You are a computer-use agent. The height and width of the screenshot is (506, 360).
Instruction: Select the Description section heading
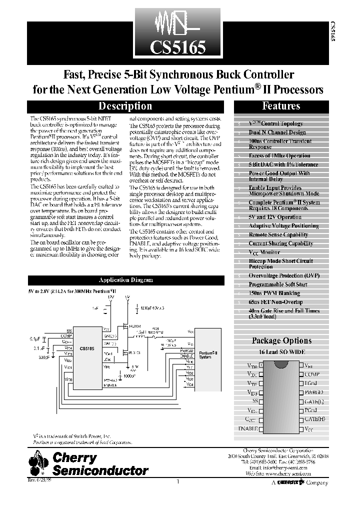point(125,106)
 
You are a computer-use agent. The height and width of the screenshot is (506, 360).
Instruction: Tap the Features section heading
point(281,106)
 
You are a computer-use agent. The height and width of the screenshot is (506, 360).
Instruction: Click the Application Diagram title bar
point(126,280)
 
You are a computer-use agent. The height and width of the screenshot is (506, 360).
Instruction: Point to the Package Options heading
point(281,340)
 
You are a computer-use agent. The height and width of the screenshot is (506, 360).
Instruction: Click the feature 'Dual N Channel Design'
point(277,132)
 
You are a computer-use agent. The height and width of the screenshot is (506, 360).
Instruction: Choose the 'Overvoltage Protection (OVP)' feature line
point(284,275)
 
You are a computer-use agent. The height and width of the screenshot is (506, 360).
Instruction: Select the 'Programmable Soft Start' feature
point(278,284)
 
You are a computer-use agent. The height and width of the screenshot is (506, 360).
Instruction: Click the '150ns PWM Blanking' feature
point(274,293)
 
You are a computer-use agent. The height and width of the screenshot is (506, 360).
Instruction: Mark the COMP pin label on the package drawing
point(312,374)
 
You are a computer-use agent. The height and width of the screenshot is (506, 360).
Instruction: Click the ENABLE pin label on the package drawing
point(245,428)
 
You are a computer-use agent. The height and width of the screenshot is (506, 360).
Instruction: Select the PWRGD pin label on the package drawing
point(314,392)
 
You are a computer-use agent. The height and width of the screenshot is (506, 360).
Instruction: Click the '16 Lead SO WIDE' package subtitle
point(281,352)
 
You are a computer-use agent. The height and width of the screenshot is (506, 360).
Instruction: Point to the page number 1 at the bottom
point(178,481)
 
